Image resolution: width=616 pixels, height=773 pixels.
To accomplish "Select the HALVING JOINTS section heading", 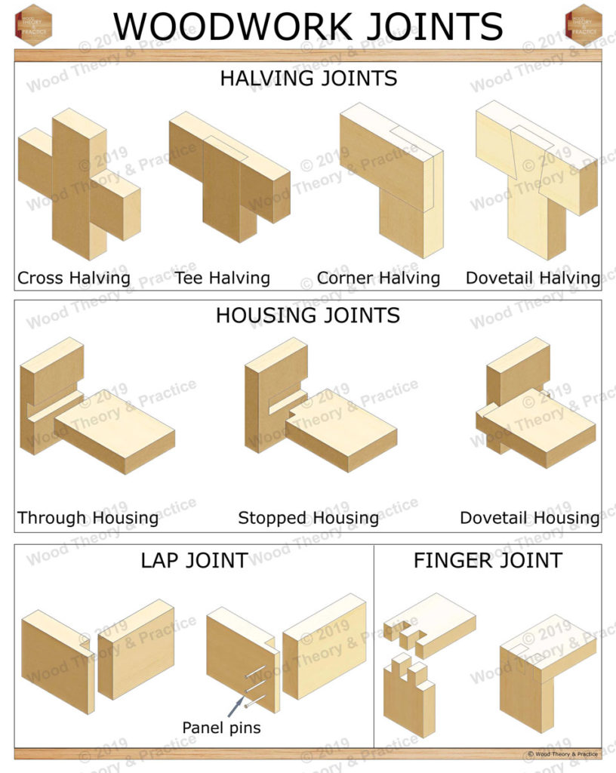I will point(308,79).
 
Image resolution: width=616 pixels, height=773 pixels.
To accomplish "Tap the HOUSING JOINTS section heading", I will point(308,316).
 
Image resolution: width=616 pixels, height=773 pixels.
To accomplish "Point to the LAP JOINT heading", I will point(194,560).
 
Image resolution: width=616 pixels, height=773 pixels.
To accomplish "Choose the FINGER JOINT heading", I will point(488,560).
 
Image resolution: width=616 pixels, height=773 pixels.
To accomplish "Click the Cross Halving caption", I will point(74,278).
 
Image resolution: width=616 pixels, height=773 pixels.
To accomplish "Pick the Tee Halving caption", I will point(222,278).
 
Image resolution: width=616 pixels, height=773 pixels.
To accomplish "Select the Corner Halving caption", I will point(378,278).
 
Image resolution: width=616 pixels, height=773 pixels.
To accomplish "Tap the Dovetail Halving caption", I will point(533,278).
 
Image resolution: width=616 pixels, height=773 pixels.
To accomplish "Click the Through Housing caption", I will point(88,518).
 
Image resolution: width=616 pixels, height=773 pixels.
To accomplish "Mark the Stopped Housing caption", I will point(308,518).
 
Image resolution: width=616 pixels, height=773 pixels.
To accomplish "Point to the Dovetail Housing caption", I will point(530,518).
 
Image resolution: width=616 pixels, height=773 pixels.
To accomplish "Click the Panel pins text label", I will point(221,728).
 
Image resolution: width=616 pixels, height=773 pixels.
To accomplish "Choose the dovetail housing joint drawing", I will point(534,411).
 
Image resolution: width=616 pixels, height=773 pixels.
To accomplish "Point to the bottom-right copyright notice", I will point(562,754).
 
